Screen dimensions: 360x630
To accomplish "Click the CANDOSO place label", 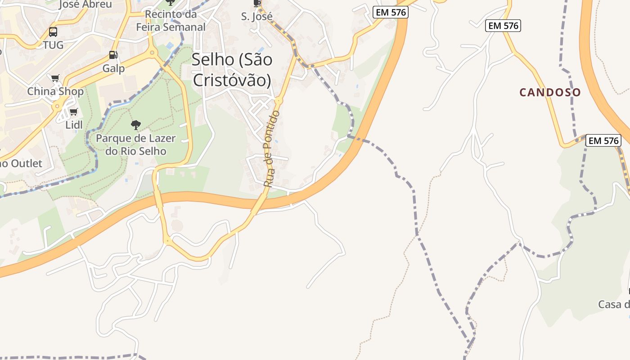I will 550,93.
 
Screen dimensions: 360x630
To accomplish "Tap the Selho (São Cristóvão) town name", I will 232,70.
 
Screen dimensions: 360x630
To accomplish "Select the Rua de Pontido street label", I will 271,148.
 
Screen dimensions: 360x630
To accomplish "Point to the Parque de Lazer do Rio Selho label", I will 136,144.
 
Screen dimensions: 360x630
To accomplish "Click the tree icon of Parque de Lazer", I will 135,125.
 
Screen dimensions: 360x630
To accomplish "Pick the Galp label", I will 113,68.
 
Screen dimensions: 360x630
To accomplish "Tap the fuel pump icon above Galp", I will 113,55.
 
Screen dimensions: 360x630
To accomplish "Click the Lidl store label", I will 74,125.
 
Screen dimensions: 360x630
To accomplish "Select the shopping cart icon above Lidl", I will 74,112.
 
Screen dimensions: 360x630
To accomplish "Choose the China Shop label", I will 55,91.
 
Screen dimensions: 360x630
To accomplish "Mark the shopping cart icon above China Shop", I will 55,78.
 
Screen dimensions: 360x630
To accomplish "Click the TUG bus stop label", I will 53,45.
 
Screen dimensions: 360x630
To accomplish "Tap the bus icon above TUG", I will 53,32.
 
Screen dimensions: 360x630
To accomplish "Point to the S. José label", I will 257,17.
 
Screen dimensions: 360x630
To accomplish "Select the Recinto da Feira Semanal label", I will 171,21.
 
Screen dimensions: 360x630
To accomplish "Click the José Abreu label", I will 85,4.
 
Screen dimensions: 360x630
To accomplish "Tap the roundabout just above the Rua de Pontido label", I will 279,101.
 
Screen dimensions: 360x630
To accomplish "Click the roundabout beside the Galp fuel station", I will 152,53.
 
